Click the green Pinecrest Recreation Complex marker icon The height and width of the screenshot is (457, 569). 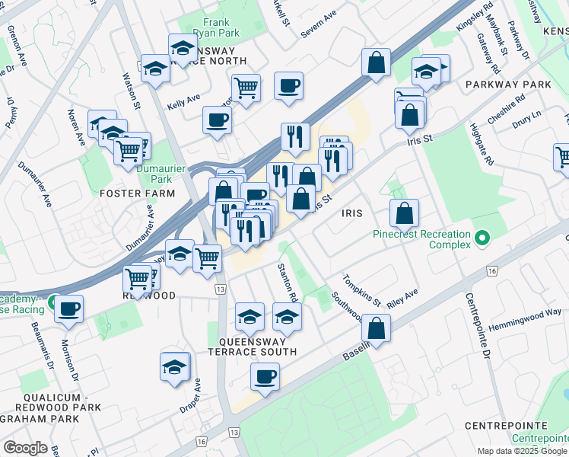point(480,240)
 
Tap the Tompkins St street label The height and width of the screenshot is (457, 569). point(361,290)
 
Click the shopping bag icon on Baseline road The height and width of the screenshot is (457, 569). point(377,329)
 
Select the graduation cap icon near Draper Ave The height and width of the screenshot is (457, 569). point(175,367)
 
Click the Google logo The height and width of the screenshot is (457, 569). point(25,448)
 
